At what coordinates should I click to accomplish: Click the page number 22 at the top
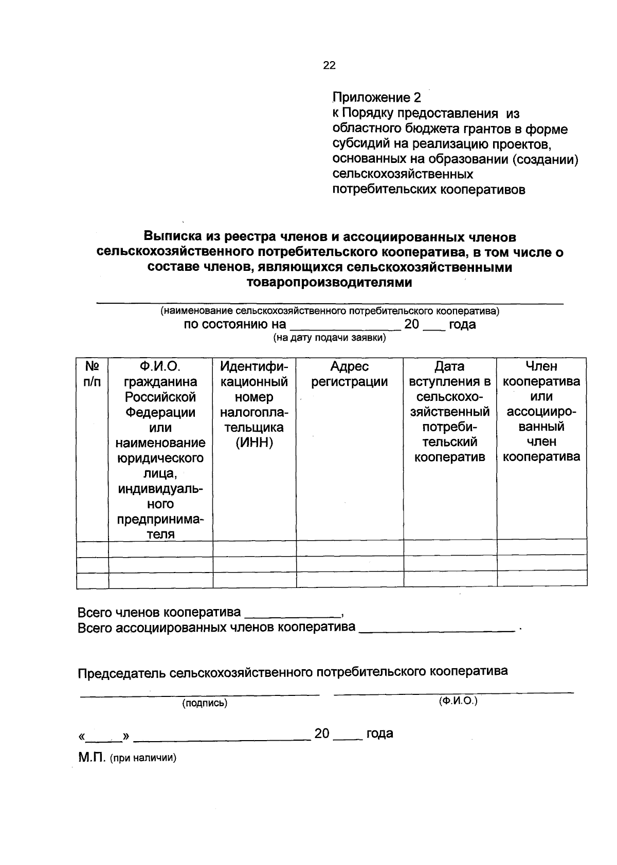point(329,65)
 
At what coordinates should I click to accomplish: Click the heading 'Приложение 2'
point(376,98)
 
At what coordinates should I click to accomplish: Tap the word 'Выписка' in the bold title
point(172,237)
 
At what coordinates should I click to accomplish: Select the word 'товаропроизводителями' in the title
point(330,282)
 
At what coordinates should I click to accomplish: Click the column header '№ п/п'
point(92,374)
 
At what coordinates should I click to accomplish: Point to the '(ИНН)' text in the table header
point(254,443)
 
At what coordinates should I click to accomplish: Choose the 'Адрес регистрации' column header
point(350,374)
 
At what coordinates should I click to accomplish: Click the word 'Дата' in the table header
point(449,366)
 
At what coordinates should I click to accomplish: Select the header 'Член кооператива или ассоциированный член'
point(541,411)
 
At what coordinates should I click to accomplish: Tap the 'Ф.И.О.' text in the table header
point(160,366)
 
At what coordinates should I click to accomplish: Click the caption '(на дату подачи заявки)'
point(330,338)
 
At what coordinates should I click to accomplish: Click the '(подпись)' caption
point(205,703)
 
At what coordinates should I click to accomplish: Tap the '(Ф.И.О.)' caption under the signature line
point(458,701)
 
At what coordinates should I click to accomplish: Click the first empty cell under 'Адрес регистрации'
point(350,548)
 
